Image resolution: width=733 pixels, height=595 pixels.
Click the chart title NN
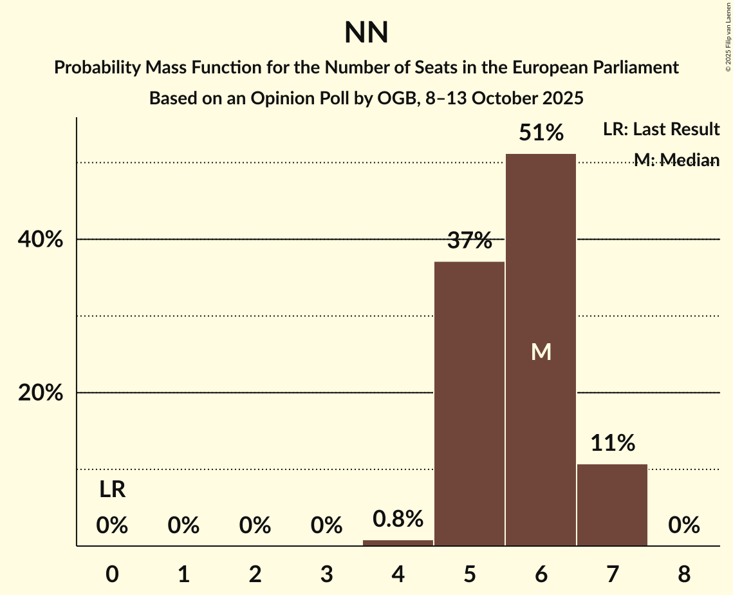point(366,33)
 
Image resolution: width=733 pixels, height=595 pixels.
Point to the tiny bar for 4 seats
point(398,543)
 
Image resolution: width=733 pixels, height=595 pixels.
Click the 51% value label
point(541,133)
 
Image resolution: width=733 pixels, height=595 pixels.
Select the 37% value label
point(469,241)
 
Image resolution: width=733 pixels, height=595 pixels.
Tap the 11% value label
point(612,443)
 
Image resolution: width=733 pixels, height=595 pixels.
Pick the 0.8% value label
point(398,518)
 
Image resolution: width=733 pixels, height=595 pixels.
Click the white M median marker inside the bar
point(541,352)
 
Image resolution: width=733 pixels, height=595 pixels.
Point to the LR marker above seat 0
point(112,490)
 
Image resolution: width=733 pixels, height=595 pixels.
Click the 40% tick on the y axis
point(40,240)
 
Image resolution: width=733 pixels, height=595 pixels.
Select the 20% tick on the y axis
point(40,393)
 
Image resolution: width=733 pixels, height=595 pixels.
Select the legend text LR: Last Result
point(661,129)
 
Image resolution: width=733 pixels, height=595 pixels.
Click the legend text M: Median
point(676,160)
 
